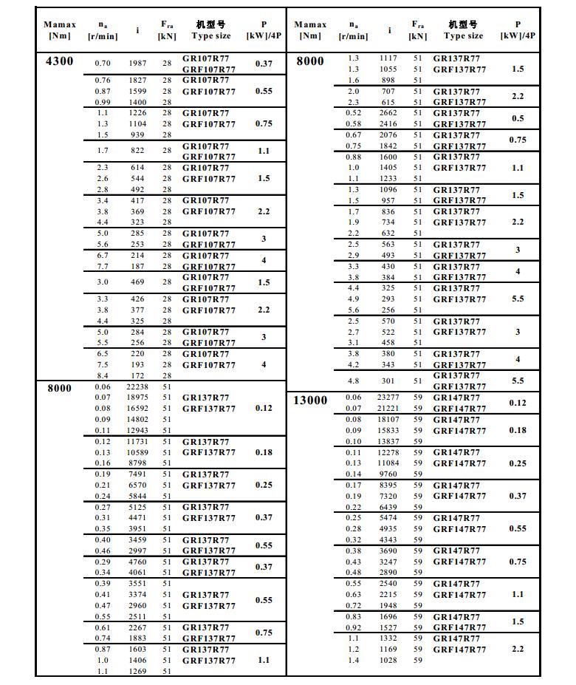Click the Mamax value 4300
pyautogui.click(x=60, y=61)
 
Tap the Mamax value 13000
pyautogui.click(x=310, y=400)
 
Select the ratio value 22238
pyautogui.click(x=137, y=387)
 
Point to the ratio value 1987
pyautogui.click(x=137, y=64)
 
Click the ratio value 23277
pyautogui.click(x=388, y=398)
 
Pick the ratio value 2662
pyautogui.click(x=388, y=113)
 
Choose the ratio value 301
pyautogui.click(x=388, y=381)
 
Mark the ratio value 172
pyautogui.click(x=137, y=376)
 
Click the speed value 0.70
pyautogui.click(x=103, y=64)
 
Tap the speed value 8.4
pyautogui.click(x=103, y=376)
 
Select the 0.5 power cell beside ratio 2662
pyautogui.click(x=518, y=118)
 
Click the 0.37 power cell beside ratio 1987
pyautogui.click(x=264, y=64)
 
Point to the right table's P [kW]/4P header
pyautogui.click(x=518, y=30)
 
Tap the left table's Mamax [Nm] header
pyautogui.click(x=60, y=30)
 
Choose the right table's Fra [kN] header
pyautogui.click(x=418, y=30)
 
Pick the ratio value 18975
pyautogui.click(x=137, y=398)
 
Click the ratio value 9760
pyautogui.click(x=388, y=474)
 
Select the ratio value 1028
pyautogui.click(x=388, y=661)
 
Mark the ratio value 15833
pyautogui.click(x=388, y=431)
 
